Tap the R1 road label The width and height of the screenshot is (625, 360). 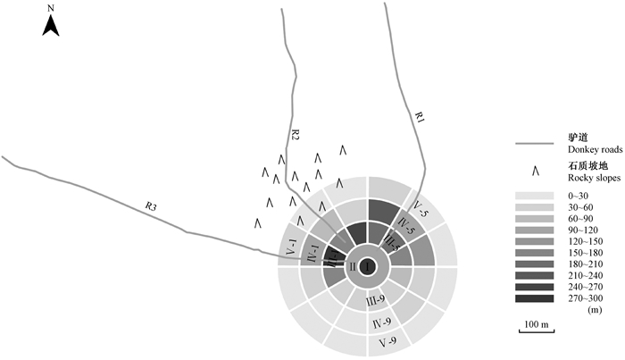(x=420, y=117)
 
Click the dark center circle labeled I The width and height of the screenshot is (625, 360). (x=368, y=266)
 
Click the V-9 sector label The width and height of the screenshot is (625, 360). (x=387, y=341)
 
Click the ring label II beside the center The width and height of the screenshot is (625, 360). (x=352, y=266)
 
